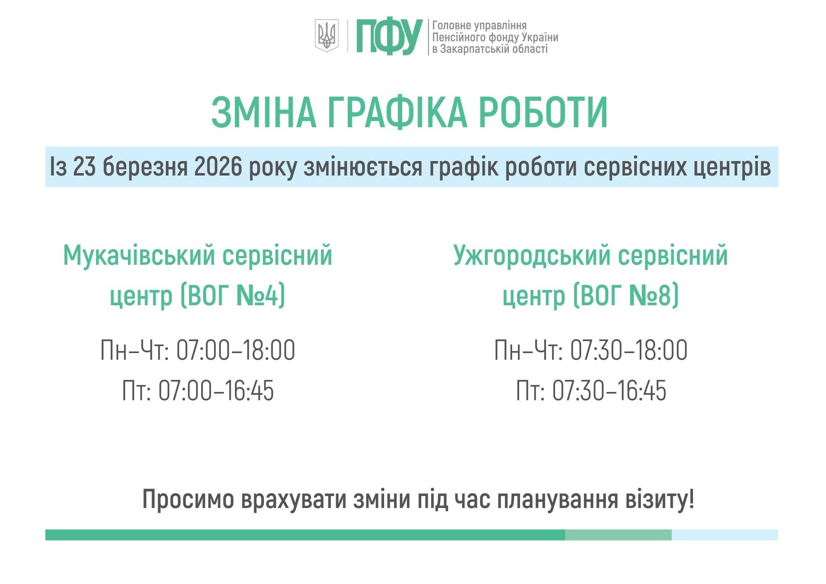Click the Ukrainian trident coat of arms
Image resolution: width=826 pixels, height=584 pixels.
pos(327,36)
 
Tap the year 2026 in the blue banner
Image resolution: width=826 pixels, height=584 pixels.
pos(217,166)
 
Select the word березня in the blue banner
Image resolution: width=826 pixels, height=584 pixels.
pos(145,166)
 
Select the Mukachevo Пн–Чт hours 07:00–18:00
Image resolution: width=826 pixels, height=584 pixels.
pos(235,350)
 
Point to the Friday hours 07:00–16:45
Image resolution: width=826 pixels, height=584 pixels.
pos(216,390)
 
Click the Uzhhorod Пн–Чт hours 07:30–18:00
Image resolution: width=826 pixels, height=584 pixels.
pos(629,350)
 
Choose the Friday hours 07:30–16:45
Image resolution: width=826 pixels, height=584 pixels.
pos(609,390)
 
